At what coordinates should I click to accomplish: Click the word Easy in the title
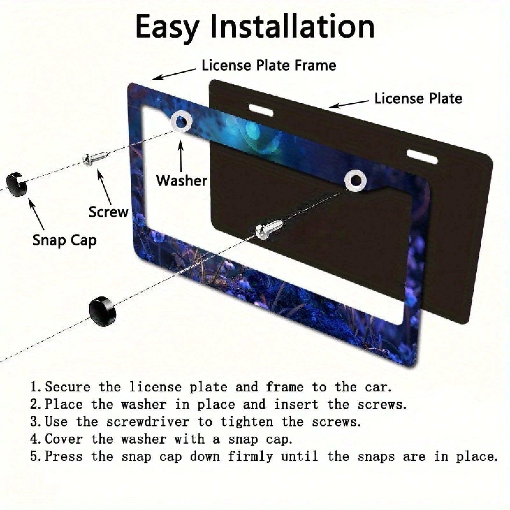pos(167,27)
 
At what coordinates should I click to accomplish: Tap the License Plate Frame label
pos(269,65)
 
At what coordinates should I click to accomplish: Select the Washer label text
pos(181,180)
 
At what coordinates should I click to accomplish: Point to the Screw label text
pos(108,212)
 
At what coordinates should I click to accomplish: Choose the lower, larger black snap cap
pos(102,309)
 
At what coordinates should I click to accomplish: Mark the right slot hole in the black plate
pos(422,156)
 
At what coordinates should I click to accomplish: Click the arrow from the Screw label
pos(104,187)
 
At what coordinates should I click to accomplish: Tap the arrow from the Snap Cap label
pos(37,214)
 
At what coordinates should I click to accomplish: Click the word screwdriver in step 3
pos(148,422)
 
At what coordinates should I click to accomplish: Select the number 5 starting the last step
pos(34,456)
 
